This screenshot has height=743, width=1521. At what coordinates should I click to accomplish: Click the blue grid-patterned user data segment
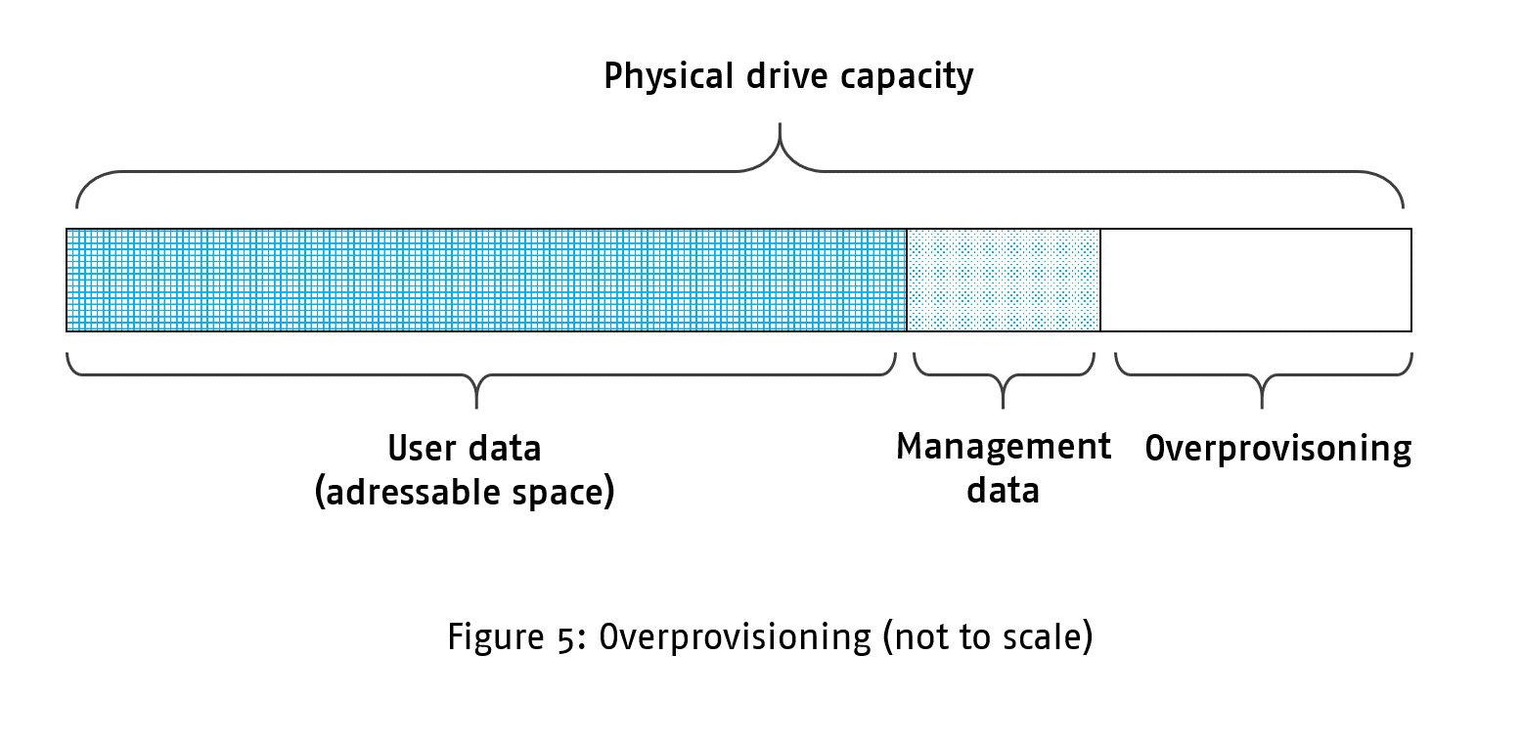[486, 280]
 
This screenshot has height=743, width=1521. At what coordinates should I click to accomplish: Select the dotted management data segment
[1004, 280]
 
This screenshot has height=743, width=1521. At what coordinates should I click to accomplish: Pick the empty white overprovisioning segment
[1255, 280]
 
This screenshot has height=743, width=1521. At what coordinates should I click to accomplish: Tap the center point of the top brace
[781, 147]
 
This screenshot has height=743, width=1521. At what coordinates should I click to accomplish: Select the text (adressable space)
[465, 492]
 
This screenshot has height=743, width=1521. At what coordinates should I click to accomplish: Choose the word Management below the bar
[1004, 448]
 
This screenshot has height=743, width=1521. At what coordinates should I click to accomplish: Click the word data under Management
[1003, 490]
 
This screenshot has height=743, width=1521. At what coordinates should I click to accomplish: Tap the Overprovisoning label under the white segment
[1277, 449]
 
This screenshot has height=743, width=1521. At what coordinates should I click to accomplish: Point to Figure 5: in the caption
[516, 637]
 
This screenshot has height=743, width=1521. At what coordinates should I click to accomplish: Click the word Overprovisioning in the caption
[734, 637]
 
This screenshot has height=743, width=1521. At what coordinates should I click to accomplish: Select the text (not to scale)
[988, 637]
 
